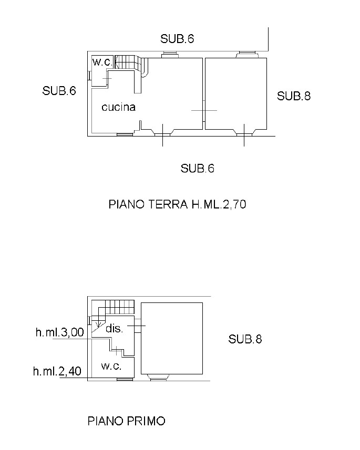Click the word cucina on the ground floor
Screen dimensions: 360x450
(x=118, y=107)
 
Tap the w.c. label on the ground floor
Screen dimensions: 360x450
(x=102, y=62)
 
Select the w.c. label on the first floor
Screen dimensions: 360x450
(x=111, y=366)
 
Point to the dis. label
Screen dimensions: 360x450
(x=115, y=328)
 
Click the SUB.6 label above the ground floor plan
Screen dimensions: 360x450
(x=177, y=39)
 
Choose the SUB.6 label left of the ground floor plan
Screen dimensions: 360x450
(x=59, y=91)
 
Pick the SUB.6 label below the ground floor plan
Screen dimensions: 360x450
(x=198, y=168)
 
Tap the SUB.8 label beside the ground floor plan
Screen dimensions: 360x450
(x=294, y=96)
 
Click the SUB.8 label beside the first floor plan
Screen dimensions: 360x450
(x=245, y=339)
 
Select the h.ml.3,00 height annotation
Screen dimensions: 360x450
(x=60, y=332)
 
